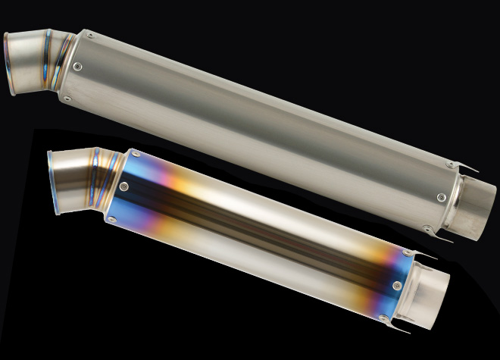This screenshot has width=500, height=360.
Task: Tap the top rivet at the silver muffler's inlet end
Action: tap(90, 35)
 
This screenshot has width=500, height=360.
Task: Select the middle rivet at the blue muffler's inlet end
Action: tap(124, 184)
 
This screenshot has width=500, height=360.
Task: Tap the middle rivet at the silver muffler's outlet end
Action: tap(441, 197)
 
